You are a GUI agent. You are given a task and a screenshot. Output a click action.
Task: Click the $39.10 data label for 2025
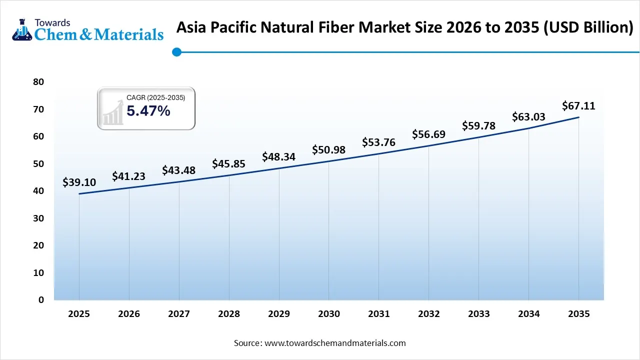[x=79, y=182]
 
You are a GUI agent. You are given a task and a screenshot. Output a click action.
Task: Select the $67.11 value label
[x=578, y=106]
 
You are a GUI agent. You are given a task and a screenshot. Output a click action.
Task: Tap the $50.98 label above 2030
[x=328, y=150]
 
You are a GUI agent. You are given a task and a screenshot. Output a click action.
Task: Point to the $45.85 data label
[x=228, y=163]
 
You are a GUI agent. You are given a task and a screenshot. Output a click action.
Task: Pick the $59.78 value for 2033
[x=478, y=125]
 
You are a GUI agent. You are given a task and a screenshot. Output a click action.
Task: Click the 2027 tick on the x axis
[x=178, y=314]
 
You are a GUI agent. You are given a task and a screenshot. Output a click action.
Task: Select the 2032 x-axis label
[x=428, y=314]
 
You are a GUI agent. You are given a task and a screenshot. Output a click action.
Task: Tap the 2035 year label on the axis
[x=578, y=314]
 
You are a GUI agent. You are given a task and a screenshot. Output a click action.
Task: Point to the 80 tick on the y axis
[x=38, y=82]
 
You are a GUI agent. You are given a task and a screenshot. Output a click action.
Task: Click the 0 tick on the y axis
[x=41, y=300]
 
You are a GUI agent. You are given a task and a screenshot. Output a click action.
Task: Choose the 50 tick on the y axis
[x=38, y=164]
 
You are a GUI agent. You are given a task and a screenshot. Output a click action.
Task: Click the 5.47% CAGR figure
[x=148, y=111]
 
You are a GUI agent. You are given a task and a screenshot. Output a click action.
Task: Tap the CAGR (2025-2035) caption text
[x=155, y=98]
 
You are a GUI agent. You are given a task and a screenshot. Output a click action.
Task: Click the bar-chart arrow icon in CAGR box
[x=113, y=112]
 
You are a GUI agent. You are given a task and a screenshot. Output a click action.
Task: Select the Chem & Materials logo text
[x=98, y=34]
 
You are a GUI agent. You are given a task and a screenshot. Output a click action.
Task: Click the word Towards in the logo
[x=52, y=22]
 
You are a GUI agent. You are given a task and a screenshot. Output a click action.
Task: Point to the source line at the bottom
[x=319, y=343]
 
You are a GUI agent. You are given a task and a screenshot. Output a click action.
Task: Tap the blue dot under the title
[x=176, y=51]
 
